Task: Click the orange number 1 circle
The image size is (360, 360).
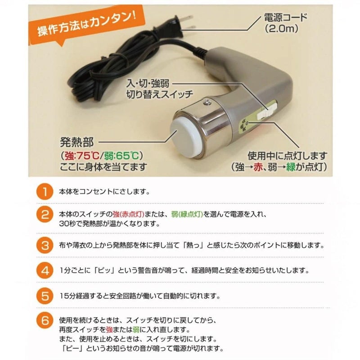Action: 45,192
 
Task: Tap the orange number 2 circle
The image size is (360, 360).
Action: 45,215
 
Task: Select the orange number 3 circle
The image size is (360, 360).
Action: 45,245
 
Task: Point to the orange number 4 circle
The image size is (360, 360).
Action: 45,270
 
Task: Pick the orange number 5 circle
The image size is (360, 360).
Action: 45,296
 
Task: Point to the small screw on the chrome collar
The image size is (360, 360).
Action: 207,102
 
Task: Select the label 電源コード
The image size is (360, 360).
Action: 286,17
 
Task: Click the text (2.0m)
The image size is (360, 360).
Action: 282,29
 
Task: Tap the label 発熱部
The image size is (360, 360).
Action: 77,142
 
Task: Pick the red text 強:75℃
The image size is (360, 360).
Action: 82,156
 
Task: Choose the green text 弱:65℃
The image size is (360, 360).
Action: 121,156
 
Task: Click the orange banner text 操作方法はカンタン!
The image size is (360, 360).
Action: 86,24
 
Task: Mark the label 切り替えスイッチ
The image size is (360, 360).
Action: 160,94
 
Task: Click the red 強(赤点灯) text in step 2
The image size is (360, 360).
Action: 128,214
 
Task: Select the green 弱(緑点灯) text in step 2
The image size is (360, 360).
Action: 187,214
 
